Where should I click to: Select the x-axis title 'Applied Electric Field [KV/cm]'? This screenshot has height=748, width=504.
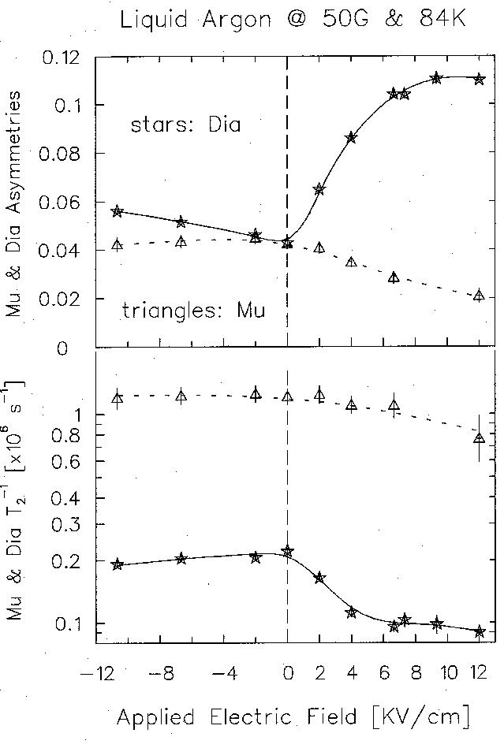click(x=293, y=716)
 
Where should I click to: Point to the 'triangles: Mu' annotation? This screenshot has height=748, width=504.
click(x=193, y=311)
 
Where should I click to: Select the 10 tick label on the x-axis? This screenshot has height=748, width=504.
click(x=448, y=675)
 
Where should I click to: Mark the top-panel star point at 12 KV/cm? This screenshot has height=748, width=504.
click(x=479, y=79)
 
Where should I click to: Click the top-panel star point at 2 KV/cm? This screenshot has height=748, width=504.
click(x=319, y=189)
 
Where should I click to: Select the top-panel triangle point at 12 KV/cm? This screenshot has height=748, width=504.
click(x=479, y=296)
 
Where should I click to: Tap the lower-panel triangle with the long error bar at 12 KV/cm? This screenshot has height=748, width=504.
click(x=479, y=437)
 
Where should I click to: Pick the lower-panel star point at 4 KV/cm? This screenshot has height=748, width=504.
click(x=352, y=612)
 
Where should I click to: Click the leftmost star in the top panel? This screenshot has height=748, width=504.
click(x=118, y=211)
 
